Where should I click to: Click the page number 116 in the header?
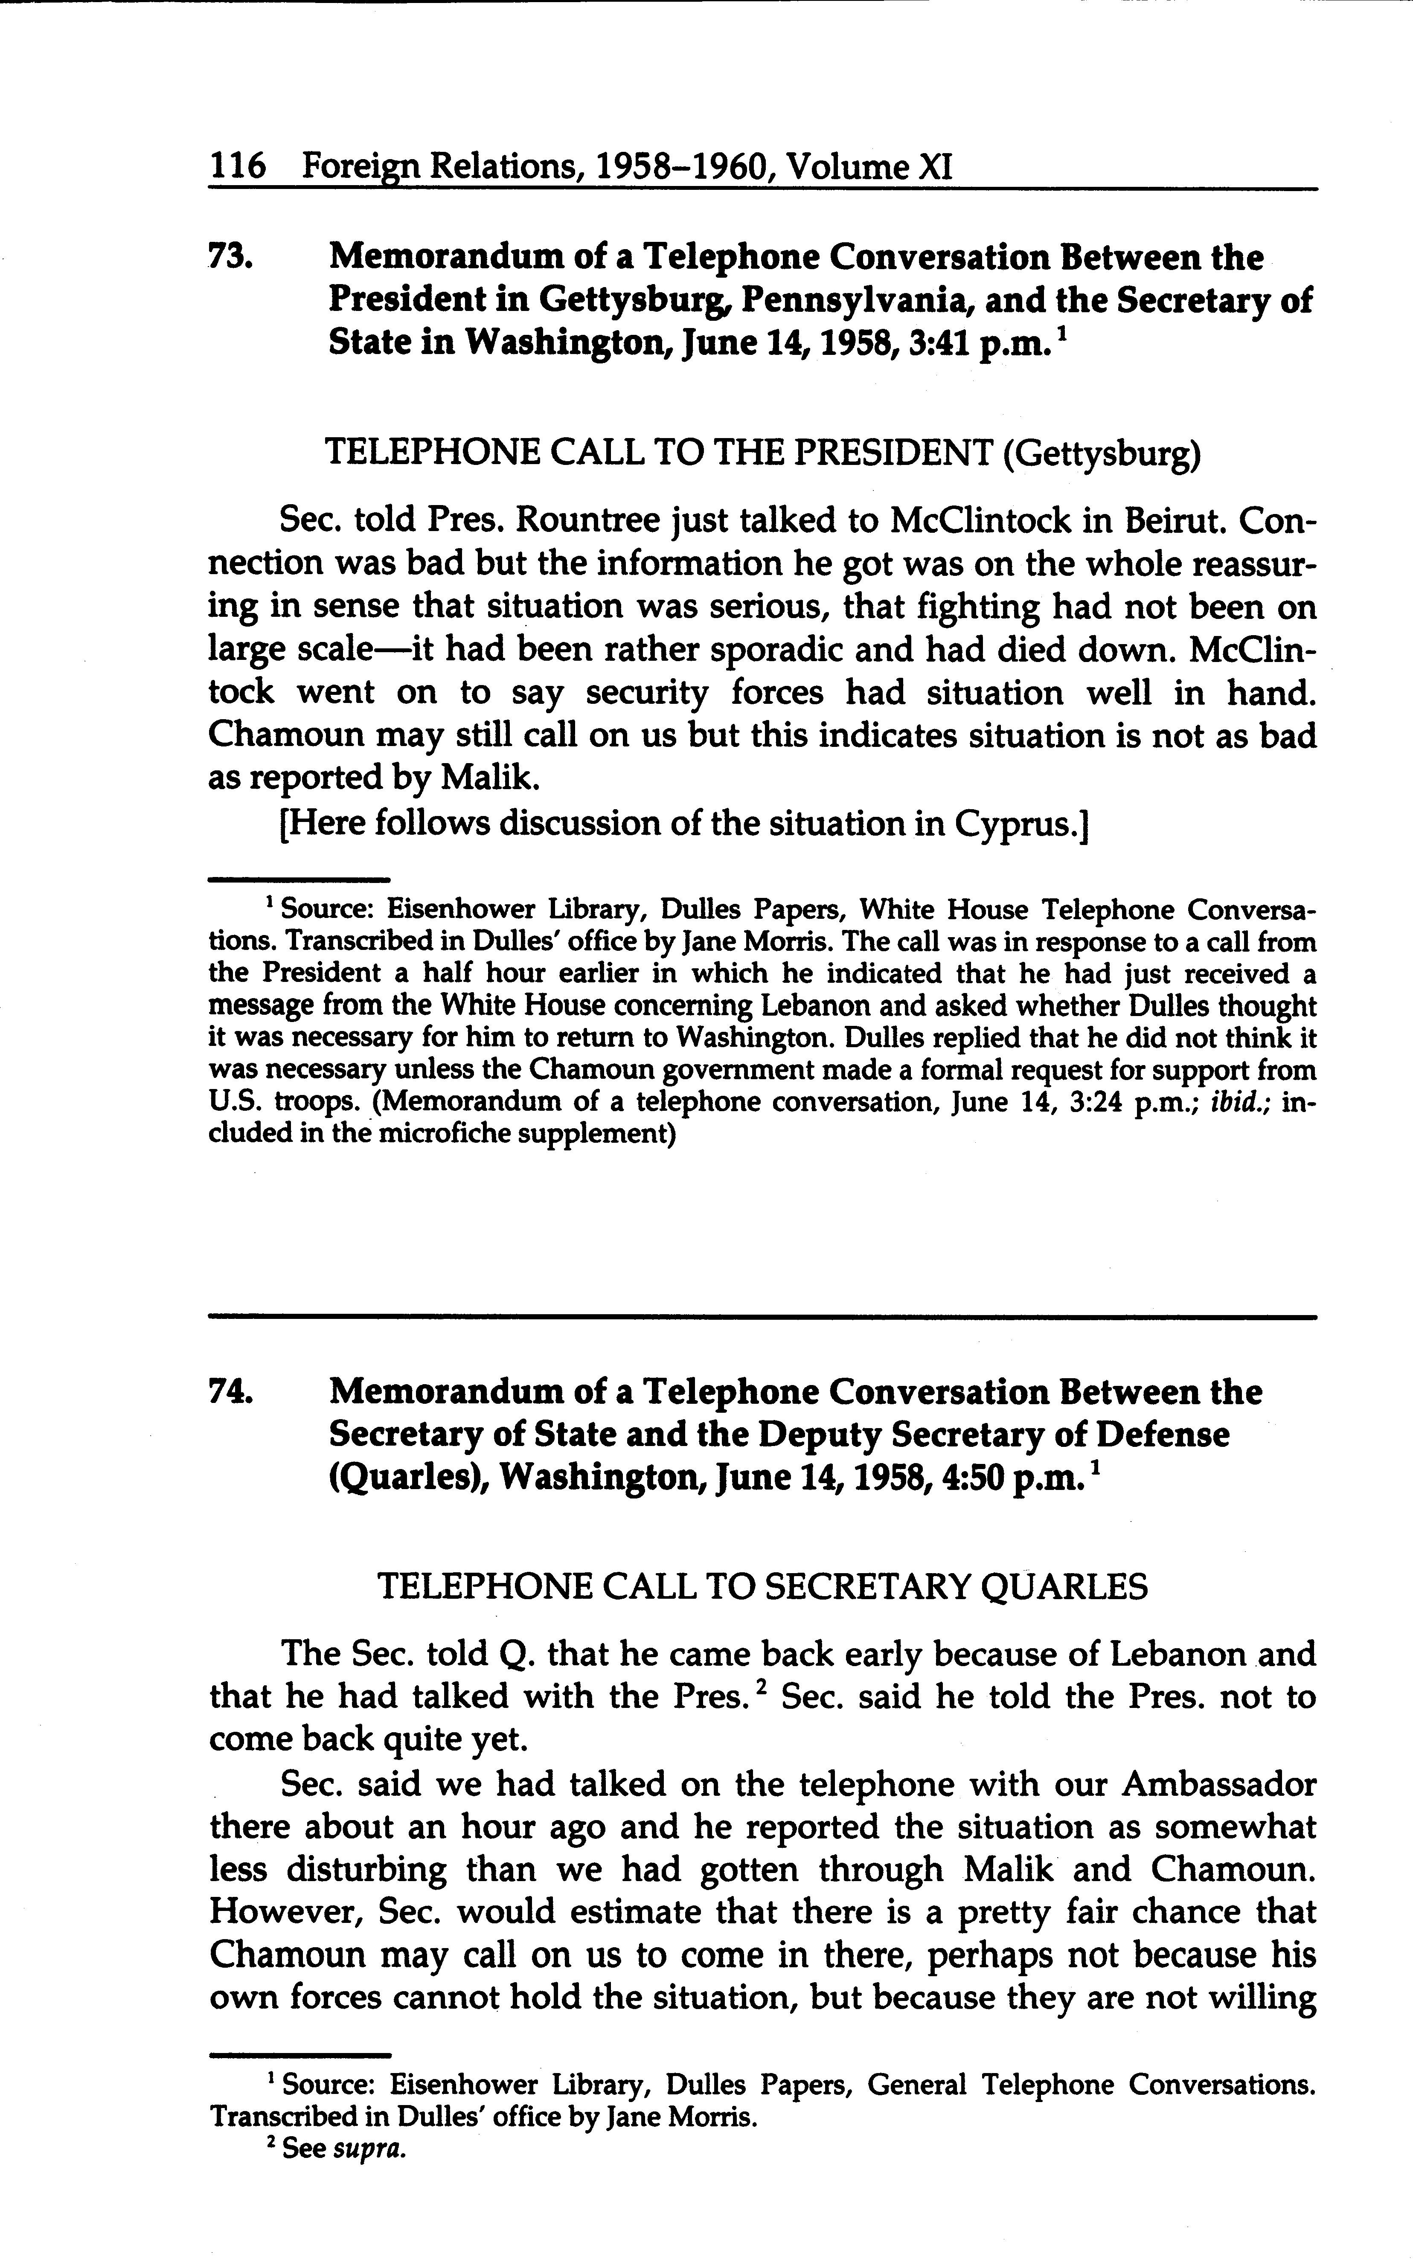coord(237,167)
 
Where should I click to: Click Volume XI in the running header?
coord(869,167)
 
